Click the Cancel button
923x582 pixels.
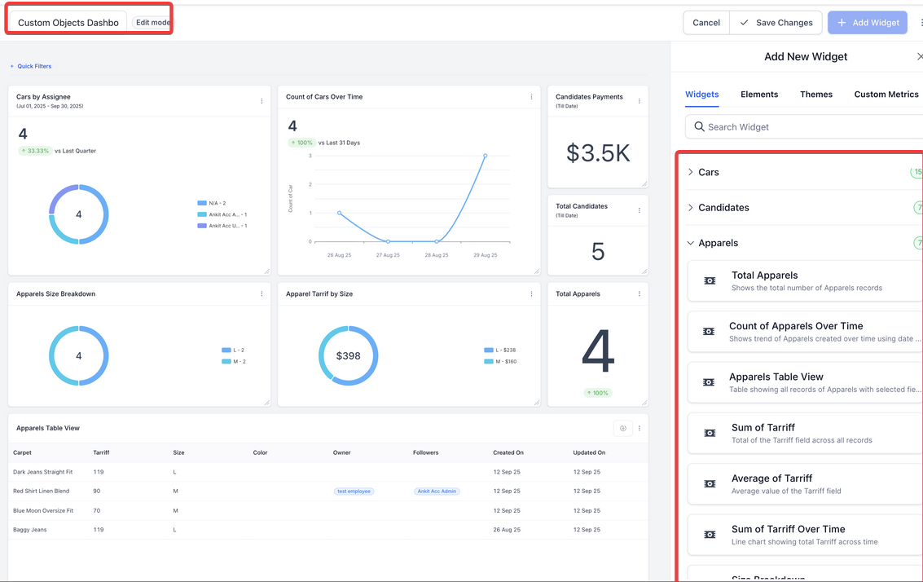click(705, 23)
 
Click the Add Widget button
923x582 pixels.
click(868, 23)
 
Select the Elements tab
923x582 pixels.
click(759, 95)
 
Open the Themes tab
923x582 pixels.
click(815, 95)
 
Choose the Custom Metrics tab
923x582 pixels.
click(886, 95)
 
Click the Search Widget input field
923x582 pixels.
click(807, 127)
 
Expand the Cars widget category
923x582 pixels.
click(709, 172)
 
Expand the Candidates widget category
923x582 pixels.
click(723, 208)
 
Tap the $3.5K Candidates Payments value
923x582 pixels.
click(598, 153)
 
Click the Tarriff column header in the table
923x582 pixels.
click(102, 452)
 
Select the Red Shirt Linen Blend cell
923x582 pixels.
click(42, 491)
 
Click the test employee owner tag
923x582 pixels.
click(354, 492)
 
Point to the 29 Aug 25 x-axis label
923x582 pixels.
click(485, 255)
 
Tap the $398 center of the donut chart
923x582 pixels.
click(348, 356)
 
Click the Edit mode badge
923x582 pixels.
click(152, 23)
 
